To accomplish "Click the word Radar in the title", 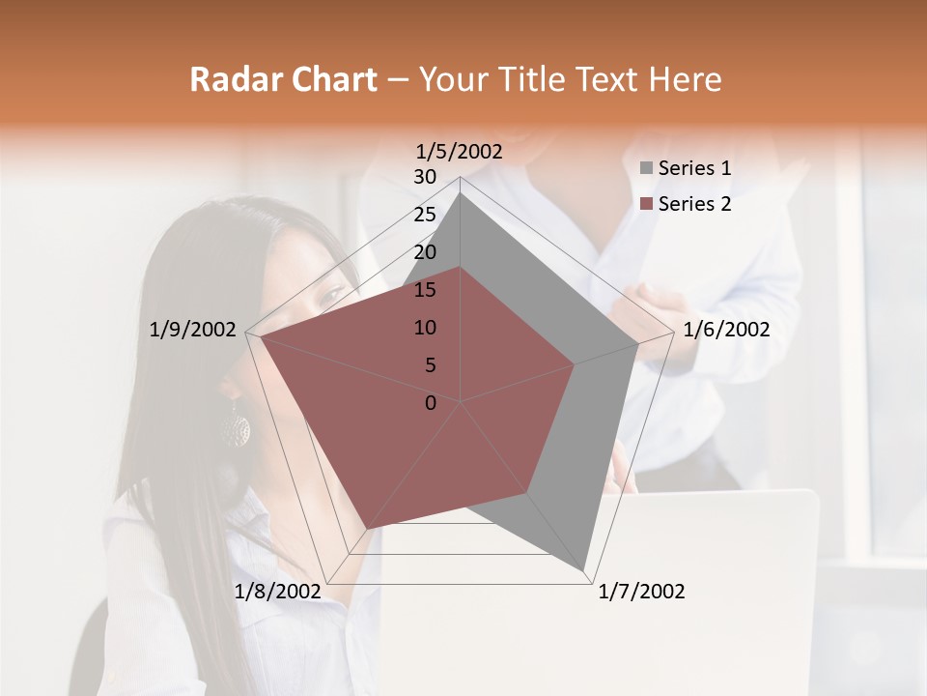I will pyautogui.click(x=232, y=79).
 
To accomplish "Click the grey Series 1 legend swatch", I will pyautogui.click(x=646, y=169).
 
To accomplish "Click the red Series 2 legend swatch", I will pyautogui.click(x=646, y=204).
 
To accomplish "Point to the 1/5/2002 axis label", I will pyautogui.click(x=460, y=152).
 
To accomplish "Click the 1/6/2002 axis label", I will pyautogui.click(x=726, y=330).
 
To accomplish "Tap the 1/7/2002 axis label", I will pyautogui.click(x=641, y=592).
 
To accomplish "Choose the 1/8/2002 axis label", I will pyautogui.click(x=277, y=592).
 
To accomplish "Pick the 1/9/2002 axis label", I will pyautogui.click(x=193, y=330).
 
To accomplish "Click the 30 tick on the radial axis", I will pyautogui.click(x=425, y=177).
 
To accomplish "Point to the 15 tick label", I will pyautogui.click(x=425, y=290).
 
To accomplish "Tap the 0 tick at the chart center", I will pyautogui.click(x=431, y=403).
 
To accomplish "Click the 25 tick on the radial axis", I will pyautogui.click(x=425, y=215).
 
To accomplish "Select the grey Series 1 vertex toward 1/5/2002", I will pyautogui.click(x=461, y=193).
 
